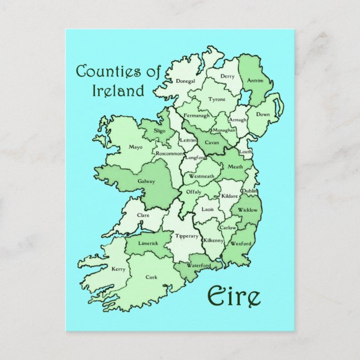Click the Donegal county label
coord(186,81)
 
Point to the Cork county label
coord(151,277)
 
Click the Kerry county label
coord(119,269)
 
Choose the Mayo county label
coord(135,148)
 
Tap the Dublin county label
coord(250,191)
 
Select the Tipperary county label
coord(187,236)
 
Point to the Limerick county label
coord(148,244)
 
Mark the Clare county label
coord(144,214)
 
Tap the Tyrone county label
coord(217,99)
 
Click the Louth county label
coord(245,151)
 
